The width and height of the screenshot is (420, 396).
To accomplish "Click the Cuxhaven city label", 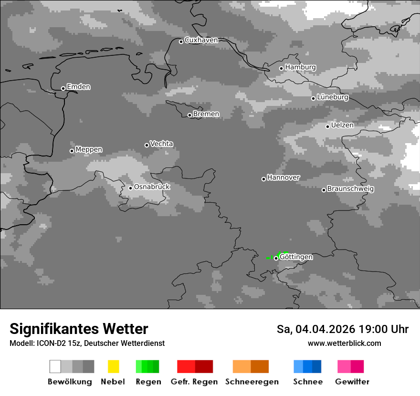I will [x=201, y=40].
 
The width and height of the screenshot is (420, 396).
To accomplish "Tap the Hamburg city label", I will [x=300, y=67].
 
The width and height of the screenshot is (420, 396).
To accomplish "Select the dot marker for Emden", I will [x=63, y=88].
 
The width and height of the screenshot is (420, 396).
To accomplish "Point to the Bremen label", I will [x=206, y=114].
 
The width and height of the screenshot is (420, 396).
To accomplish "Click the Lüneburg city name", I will [x=333, y=97].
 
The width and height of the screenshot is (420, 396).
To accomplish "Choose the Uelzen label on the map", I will [x=342, y=125].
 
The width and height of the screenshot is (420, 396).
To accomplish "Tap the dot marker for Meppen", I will [x=72, y=151].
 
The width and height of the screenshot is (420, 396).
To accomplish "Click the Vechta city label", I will [x=161, y=144].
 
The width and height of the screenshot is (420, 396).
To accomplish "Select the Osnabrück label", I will [x=152, y=187].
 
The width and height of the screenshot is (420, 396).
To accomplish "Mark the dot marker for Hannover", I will [x=263, y=179].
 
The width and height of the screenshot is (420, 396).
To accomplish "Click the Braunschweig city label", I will [x=350, y=188].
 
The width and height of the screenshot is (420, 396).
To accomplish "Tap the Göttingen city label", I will [x=296, y=257].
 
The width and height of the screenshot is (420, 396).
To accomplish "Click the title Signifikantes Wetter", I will [x=79, y=329].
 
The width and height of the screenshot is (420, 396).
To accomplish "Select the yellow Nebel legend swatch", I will [x=113, y=366].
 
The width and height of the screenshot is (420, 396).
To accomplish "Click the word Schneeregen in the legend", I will [x=252, y=382].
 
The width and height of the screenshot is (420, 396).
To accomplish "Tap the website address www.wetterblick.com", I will [x=344, y=343].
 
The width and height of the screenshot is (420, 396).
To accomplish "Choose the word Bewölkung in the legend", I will [x=70, y=382].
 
